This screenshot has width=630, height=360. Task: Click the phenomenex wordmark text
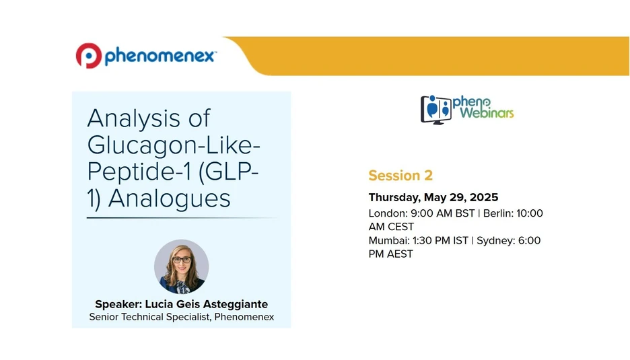pyautogui.click(x=160, y=57)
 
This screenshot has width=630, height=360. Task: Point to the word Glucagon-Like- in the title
pyautogui.click(x=174, y=145)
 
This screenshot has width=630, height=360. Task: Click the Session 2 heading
pyautogui.click(x=400, y=176)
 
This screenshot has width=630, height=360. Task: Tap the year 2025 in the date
pyautogui.click(x=483, y=198)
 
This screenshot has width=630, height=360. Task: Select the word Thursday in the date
pyautogui.click(x=395, y=198)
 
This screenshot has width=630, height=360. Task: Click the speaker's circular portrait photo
pyautogui.click(x=181, y=266)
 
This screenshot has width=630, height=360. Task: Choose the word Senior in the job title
pyautogui.click(x=105, y=317)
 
